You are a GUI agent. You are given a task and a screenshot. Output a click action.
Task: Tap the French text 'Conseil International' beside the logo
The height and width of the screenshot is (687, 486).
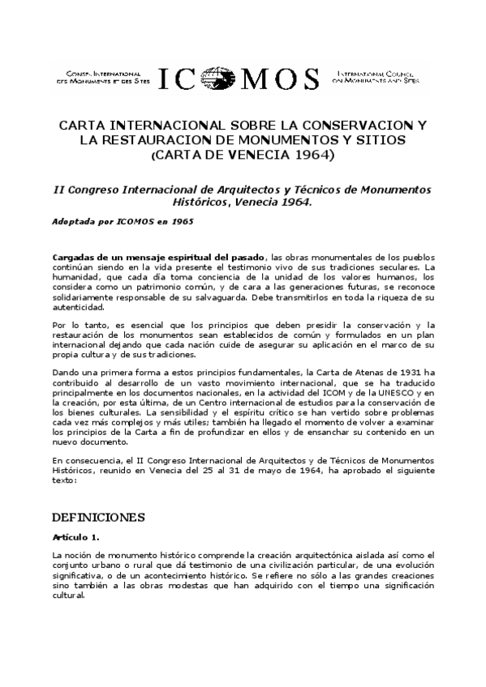tap(96, 74)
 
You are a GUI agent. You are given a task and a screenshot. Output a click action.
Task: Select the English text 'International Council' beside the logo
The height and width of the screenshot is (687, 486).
tap(383, 74)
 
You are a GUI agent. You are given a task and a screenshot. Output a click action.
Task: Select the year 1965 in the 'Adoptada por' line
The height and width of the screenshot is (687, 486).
tap(181, 220)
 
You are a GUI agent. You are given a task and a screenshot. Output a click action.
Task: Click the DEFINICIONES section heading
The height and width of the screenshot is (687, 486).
tap(98, 517)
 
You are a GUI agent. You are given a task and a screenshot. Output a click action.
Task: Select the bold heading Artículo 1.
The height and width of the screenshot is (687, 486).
tap(75, 537)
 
